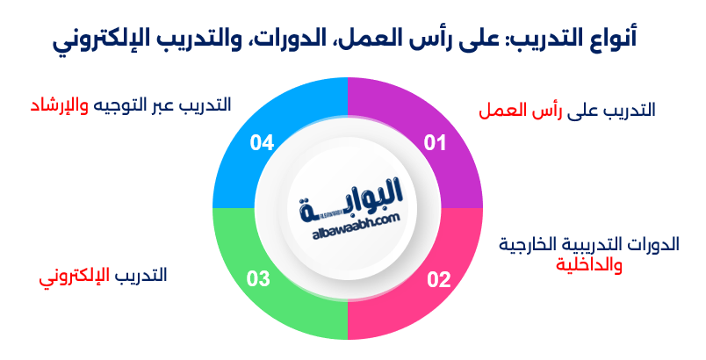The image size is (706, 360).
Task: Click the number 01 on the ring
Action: [x=436, y=143]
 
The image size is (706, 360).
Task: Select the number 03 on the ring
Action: [x=258, y=280]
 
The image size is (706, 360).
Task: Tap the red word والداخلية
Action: [x=589, y=264]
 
